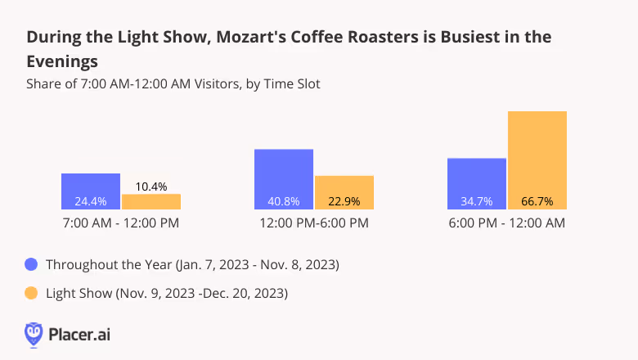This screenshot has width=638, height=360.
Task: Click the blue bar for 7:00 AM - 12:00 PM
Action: point(91,191)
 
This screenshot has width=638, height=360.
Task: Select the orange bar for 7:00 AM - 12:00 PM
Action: point(151,202)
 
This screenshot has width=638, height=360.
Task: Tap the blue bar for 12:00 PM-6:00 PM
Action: point(284,179)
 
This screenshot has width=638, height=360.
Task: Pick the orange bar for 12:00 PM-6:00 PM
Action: point(344,192)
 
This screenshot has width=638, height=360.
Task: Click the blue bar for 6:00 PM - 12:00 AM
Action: point(477,183)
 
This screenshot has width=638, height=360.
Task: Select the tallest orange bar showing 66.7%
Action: point(537,160)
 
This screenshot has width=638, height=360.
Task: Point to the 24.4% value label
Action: point(91,201)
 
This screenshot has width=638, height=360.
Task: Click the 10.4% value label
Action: point(151,187)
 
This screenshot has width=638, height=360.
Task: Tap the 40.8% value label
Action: point(284,201)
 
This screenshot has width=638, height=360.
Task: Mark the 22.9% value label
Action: point(344,201)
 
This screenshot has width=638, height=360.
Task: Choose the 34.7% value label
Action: point(477,201)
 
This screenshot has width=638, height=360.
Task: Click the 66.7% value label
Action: point(537,201)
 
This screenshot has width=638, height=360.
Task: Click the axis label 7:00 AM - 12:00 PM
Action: point(121,223)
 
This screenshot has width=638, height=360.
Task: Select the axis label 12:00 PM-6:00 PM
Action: point(314,223)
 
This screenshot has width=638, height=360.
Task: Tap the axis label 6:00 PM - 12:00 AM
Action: point(507,223)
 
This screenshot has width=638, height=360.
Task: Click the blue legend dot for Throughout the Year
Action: point(32,264)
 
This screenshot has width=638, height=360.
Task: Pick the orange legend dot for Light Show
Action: point(32,292)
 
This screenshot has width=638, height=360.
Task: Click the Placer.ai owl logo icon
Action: point(34,334)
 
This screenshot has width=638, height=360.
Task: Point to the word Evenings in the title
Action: point(63,61)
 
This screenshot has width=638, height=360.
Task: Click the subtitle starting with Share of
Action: point(173,83)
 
